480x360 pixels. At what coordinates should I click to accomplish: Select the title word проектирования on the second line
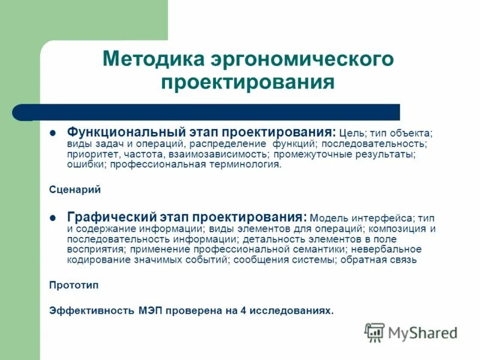[x=247, y=82]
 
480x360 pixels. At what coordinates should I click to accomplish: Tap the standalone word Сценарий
[x=75, y=190]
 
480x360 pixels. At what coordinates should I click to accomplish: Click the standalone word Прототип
[x=74, y=285]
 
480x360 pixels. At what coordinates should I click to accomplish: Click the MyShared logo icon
[x=374, y=332]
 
